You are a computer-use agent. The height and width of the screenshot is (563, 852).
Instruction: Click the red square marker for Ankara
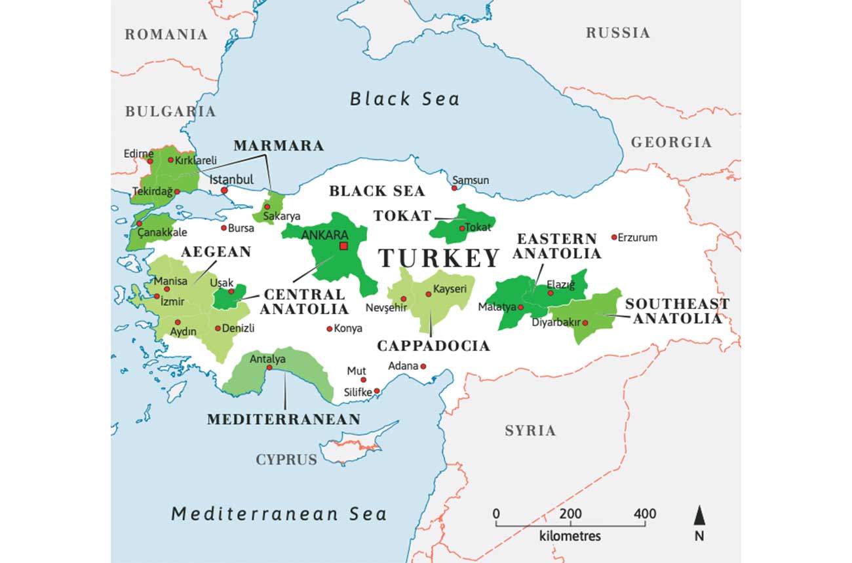(x=343, y=245)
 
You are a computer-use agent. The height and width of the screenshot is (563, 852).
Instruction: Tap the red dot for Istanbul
(x=224, y=191)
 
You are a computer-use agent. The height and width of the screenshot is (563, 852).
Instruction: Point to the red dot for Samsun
(x=454, y=188)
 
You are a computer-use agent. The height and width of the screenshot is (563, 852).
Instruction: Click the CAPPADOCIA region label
(x=433, y=346)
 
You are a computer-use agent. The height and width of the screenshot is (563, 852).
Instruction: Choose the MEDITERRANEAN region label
(x=284, y=419)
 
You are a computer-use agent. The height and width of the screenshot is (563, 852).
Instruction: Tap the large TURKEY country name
(x=439, y=259)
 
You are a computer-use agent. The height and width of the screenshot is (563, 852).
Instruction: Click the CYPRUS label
(x=286, y=459)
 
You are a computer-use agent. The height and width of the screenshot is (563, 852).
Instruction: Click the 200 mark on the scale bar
(x=570, y=513)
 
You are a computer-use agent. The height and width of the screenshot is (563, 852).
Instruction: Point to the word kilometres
(x=570, y=536)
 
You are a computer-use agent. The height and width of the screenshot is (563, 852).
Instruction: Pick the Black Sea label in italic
(x=404, y=99)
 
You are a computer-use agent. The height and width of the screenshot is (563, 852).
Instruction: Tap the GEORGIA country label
(x=671, y=142)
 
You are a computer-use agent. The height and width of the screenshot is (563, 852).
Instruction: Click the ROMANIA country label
(x=166, y=34)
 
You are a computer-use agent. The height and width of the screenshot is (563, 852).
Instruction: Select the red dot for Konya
(x=329, y=329)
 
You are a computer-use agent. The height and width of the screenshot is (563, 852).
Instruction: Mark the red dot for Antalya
(x=269, y=367)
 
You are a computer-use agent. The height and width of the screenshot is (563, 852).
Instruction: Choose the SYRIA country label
(x=530, y=430)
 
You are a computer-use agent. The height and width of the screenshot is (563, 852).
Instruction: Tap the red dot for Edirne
(x=149, y=160)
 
